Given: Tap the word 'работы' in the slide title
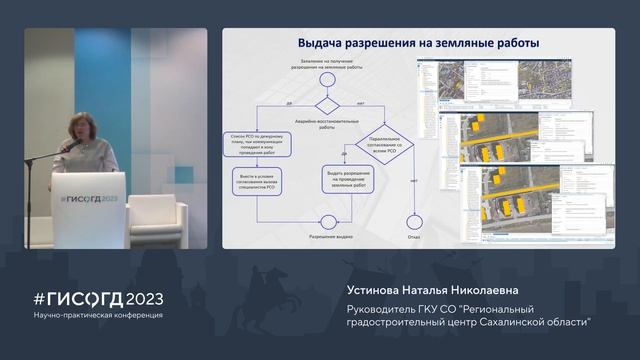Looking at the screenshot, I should point(511,44).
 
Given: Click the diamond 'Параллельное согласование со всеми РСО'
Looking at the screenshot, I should point(384,146).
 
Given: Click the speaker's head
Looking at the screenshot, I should point(78,125).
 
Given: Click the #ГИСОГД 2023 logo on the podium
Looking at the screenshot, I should point(88,197).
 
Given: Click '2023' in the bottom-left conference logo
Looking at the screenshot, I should point(141,299).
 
